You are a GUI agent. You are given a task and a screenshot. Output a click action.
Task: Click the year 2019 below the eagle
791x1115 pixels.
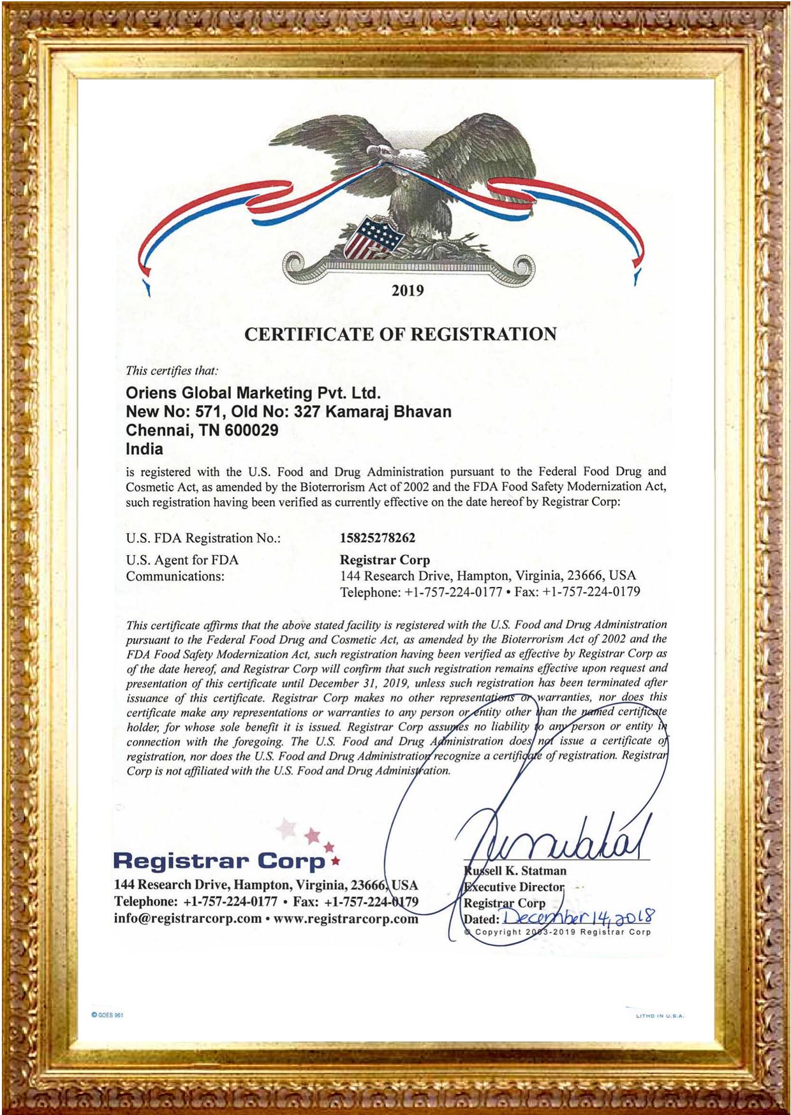point(408,291)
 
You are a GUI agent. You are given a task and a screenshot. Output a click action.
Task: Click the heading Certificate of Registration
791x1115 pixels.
point(401,334)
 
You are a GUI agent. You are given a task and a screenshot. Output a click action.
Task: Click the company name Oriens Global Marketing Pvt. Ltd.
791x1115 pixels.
point(253,393)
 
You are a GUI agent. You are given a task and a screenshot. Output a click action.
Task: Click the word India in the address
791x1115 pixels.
point(144,449)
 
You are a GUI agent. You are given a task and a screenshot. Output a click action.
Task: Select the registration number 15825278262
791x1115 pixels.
point(378,538)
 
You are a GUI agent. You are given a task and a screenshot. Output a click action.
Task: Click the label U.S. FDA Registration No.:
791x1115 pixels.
point(203,538)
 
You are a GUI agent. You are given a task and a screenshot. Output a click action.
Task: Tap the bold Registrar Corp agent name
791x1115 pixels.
point(385,560)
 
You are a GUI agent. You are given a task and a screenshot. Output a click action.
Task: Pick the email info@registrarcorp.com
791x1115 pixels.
point(188,919)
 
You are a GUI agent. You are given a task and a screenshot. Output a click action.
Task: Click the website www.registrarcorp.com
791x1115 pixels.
point(346,919)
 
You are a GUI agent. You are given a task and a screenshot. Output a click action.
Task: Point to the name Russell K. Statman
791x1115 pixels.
point(515,871)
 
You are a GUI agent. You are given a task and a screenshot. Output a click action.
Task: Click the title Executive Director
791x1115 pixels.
point(514,887)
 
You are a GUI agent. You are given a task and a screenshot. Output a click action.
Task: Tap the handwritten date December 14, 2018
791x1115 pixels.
point(578,917)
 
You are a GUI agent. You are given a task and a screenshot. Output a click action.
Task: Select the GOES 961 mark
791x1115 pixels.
point(107,1015)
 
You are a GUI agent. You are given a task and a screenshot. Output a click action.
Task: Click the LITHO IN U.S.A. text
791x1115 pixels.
point(660,1015)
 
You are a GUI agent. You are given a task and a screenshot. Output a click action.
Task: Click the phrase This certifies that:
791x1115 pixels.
point(172,371)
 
